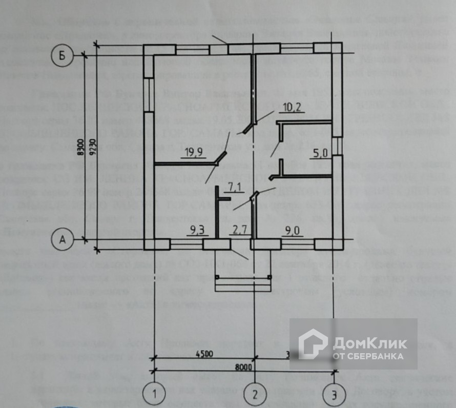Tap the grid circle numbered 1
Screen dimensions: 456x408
tap(153, 394)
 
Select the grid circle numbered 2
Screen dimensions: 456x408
tap(254, 394)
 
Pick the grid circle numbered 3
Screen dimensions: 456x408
tap(334, 394)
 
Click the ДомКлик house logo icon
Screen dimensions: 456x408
tap(313, 343)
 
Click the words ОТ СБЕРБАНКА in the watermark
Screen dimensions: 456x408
tap(368, 355)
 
